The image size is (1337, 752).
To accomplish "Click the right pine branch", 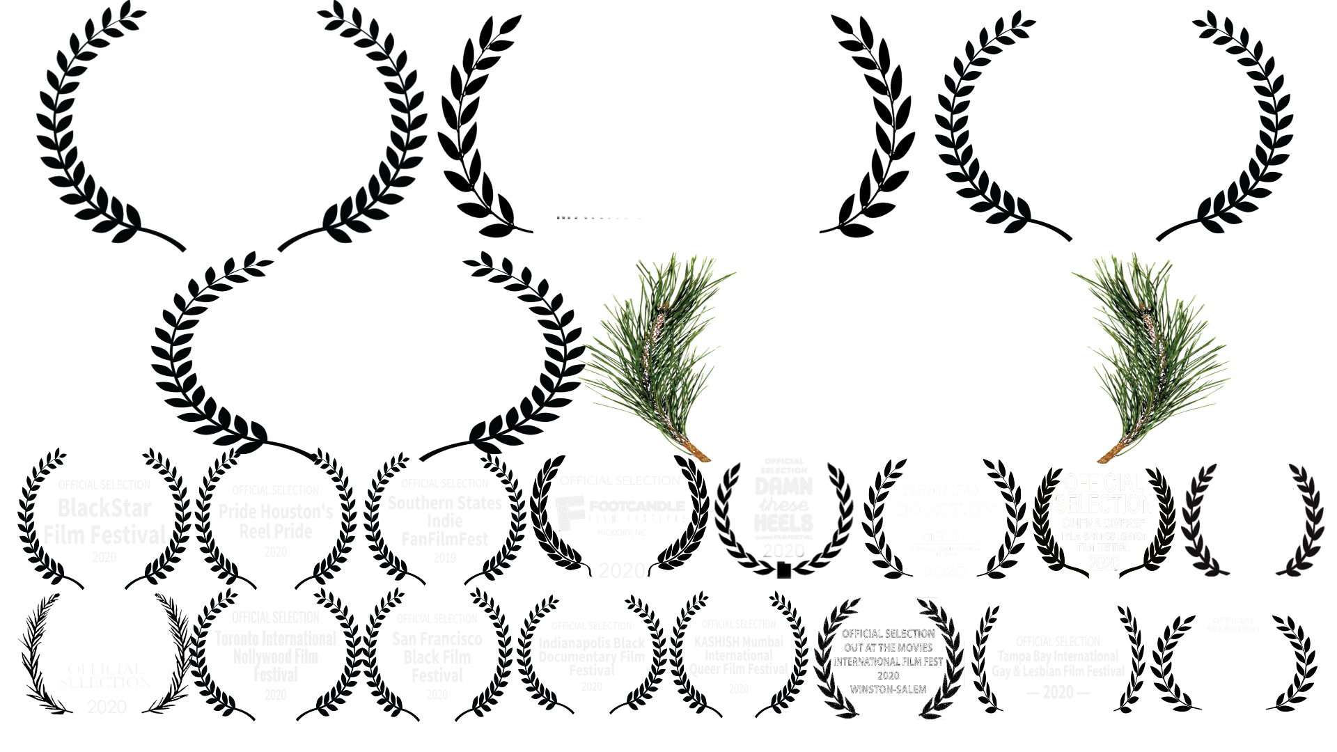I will coord(1149,355).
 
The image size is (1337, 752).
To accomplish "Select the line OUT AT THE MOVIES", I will coord(889,648).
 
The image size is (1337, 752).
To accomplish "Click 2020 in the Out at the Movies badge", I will coord(889,675).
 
